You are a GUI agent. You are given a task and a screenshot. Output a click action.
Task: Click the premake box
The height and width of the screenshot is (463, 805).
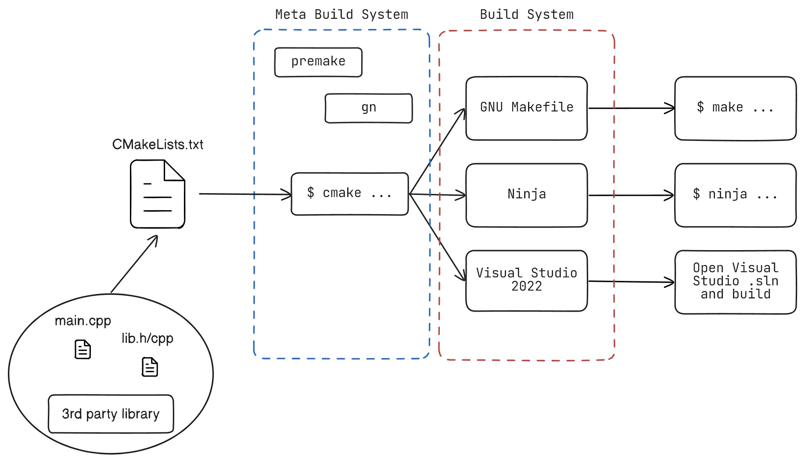pos(318,62)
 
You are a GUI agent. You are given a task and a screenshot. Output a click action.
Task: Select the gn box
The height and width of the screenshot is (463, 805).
pos(368,108)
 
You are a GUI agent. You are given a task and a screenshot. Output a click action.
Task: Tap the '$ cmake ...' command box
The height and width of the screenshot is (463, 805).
pos(350,194)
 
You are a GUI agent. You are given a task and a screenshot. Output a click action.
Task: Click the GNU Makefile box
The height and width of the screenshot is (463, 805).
pos(526,108)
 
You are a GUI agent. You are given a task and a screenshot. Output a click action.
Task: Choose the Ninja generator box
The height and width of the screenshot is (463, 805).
pos(526,195)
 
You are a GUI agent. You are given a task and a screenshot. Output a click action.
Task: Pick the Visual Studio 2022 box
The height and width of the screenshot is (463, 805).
pos(526,280)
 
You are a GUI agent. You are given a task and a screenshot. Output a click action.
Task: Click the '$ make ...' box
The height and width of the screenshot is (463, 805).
pos(735,108)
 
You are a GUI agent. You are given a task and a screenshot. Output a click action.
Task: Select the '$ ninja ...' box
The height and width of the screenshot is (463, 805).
pos(735,195)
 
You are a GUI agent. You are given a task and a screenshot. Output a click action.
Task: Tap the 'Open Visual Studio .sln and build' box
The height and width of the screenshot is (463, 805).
pos(735,281)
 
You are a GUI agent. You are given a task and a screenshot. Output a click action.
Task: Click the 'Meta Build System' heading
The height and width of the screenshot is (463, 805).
pos(341,14)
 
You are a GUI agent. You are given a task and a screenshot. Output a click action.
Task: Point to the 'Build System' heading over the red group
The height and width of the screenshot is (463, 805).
pos(526,14)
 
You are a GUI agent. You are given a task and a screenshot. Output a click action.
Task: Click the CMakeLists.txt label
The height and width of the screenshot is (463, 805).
pos(158,144)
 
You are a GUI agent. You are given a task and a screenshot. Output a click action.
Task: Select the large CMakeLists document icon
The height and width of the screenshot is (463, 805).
pos(158,194)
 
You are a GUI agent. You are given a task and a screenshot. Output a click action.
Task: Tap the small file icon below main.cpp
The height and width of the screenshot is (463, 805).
pos(83,349)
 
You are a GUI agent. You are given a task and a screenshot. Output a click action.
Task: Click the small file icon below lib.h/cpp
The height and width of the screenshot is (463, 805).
pos(150,367)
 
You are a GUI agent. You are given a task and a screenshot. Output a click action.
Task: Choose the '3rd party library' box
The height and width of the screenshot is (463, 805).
pos(111,413)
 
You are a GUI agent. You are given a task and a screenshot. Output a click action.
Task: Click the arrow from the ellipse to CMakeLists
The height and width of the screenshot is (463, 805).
pos(134,264)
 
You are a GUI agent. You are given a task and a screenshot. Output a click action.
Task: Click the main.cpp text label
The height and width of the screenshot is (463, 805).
pos(83,321)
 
